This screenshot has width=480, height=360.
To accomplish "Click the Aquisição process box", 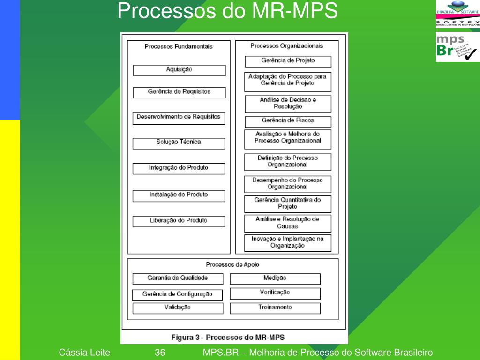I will coord(179,70).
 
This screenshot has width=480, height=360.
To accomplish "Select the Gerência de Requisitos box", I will coord(179,92).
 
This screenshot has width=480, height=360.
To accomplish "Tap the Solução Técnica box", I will coord(179,142).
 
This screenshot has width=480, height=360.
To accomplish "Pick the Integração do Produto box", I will coord(179,168).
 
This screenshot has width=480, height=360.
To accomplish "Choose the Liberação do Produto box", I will coord(179,221).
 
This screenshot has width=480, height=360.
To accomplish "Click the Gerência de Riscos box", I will coord(288,121).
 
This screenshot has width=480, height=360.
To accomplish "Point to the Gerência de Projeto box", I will coord(288,61).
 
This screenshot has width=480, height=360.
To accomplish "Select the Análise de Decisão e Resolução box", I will coord(288,104).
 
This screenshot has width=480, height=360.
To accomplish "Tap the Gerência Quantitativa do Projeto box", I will coord(288,203).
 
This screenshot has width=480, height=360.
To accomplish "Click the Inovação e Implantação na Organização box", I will coord(288,242).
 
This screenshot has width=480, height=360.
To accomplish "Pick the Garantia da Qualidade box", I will coord(178,278).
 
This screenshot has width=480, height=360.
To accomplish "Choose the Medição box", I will coord(275,278).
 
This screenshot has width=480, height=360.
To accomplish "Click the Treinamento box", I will coord(275,308).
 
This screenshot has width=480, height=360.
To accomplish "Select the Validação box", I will coord(178,308).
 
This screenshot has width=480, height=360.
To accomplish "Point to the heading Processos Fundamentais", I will coord(179,46).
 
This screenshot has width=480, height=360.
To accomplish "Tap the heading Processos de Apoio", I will coord(232,264).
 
